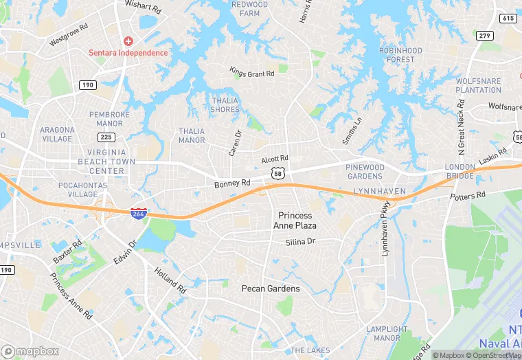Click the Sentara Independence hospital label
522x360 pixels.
pyautogui.click(x=128, y=53)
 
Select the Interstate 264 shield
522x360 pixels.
pyautogui.click(x=138, y=214)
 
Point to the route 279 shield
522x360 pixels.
pyautogui.click(x=486, y=36)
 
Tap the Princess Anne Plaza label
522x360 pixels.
pyautogui.click(x=295, y=220)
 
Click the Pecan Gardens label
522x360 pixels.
pyautogui.click(x=271, y=289)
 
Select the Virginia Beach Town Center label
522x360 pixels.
pyautogui.click(x=106, y=161)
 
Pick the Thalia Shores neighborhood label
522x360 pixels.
pyautogui.click(x=225, y=105)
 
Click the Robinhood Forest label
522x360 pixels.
pyautogui.click(x=400, y=55)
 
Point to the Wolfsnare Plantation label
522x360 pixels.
pyautogui.click(x=478, y=85)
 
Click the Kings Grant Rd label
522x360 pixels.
pyautogui.click(x=252, y=72)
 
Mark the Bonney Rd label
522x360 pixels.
pyautogui.click(x=232, y=183)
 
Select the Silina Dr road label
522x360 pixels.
pyautogui.click(x=300, y=242)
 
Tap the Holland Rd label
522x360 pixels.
pyautogui.click(x=170, y=280)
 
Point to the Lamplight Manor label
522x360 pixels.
pyautogui.click(x=383, y=333)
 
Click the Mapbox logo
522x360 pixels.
pyautogui.click(x=30, y=351)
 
